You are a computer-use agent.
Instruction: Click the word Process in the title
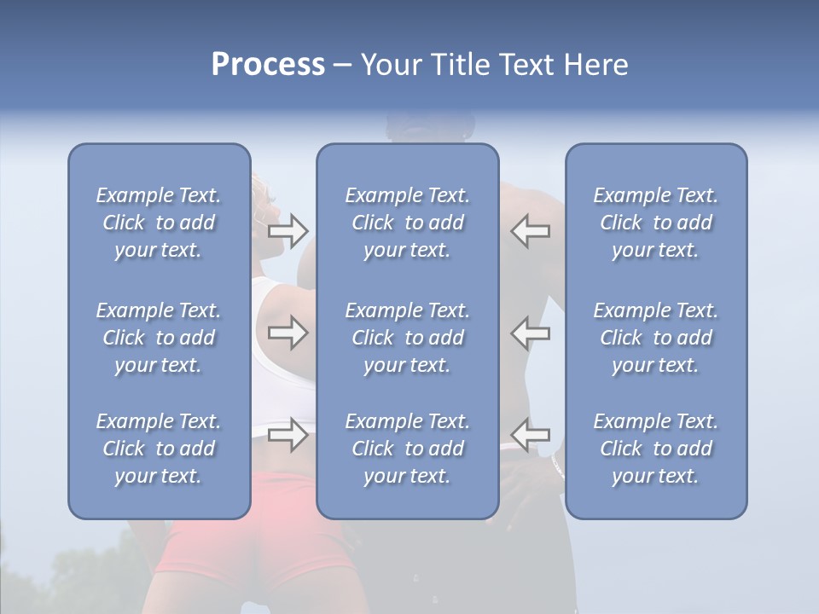268,65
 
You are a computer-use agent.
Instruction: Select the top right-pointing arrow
288,230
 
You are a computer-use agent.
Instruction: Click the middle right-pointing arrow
288,333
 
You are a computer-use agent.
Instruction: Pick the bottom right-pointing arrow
288,435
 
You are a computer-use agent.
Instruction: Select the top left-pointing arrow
530,230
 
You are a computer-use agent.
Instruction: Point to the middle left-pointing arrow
530,333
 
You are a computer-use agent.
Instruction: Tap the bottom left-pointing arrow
530,435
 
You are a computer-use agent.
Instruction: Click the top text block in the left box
159,223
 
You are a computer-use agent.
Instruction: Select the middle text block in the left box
159,338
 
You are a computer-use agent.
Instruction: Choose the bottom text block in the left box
159,449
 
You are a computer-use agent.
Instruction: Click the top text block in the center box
408,223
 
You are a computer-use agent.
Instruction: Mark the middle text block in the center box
408,338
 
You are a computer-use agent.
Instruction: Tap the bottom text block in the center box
408,449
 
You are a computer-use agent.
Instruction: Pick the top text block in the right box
656,223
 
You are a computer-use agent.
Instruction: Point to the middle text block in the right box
656,338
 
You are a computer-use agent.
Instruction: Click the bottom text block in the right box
656,449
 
